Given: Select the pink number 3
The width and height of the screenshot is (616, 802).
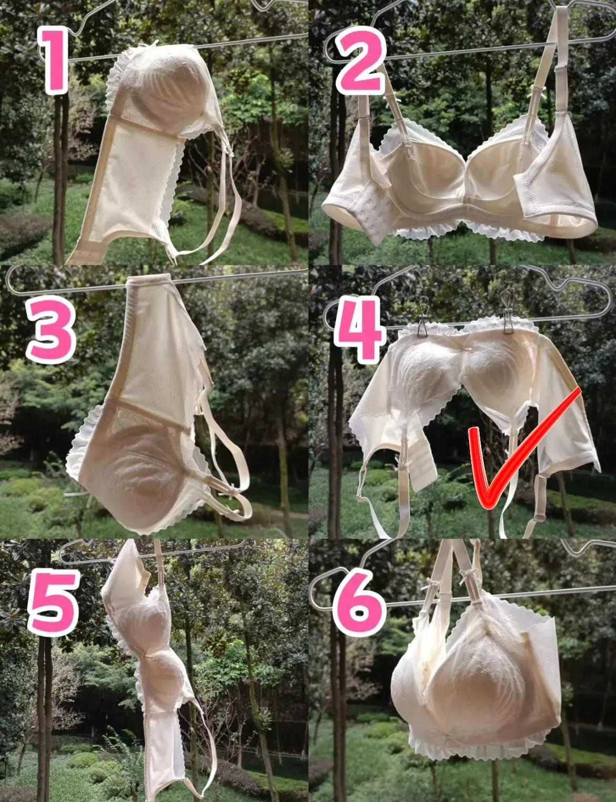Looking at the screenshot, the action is coord(51,329).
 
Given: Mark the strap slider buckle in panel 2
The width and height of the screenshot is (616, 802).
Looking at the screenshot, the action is coord(561,69).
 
